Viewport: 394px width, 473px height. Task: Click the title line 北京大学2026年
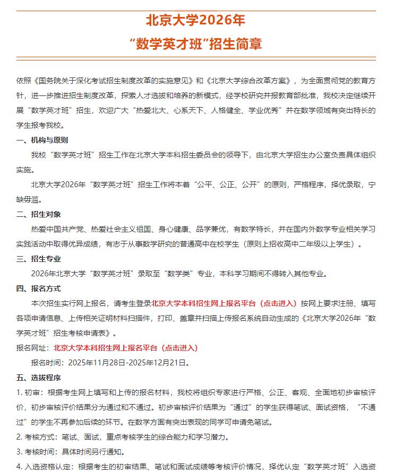click(196, 21)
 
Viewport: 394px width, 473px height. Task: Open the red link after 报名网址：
click(125, 348)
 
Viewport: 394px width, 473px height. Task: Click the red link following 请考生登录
click(224, 303)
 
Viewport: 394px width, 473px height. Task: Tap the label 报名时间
click(46, 363)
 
